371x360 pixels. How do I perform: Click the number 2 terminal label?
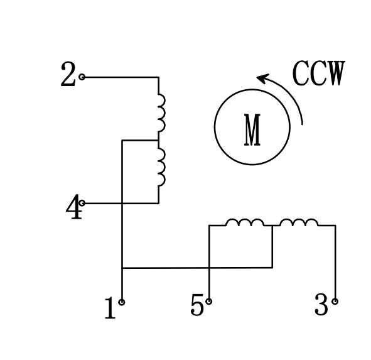(x=68, y=76)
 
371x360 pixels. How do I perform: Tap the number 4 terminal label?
(x=74, y=208)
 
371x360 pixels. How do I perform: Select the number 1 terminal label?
(x=110, y=308)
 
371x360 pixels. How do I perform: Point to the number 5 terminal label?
(x=197, y=306)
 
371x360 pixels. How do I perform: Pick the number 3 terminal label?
(x=321, y=306)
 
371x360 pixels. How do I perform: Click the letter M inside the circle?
(x=252, y=130)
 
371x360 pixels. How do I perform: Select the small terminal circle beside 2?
(x=82, y=77)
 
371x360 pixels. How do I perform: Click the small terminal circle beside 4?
(x=82, y=203)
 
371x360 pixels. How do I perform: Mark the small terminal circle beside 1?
(x=122, y=302)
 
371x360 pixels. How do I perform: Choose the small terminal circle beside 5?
(x=209, y=302)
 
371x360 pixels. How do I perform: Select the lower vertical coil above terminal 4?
(x=161, y=167)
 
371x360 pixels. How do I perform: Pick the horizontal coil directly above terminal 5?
(x=245, y=222)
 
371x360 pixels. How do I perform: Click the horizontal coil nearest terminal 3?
(x=298, y=222)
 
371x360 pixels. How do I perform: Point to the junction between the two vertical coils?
(x=158, y=140)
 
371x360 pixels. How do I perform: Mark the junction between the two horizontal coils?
(x=272, y=226)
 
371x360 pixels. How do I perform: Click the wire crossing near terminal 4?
(x=122, y=203)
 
